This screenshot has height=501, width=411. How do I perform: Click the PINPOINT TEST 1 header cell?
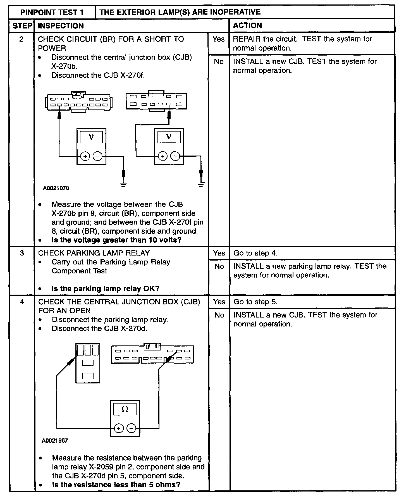pyautogui.click(x=52, y=12)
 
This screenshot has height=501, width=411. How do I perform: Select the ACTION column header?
pyautogui.click(x=247, y=26)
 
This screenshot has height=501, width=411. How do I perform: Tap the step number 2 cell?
pyautogui.click(x=21, y=39)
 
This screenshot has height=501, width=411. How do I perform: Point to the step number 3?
pyautogui.click(x=22, y=253)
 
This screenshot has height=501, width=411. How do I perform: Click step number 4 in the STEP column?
pyautogui.click(x=22, y=302)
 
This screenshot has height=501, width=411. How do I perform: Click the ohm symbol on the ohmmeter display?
pyautogui.click(x=125, y=409)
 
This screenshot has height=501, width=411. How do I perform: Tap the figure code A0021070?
pyautogui.click(x=56, y=188)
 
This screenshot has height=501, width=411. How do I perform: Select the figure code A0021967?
pyautogui.click(x=55, y=441)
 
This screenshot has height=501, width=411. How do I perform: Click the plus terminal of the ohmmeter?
pyautogui.click(x=119, y=428)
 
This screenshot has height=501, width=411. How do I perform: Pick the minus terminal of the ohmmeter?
pyautogui.click(x=131, y=428)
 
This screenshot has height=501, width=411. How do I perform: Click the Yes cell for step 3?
pyautogui.click(x=219, y=253)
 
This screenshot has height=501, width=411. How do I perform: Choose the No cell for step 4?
pyautogui.click(x=219, y=315)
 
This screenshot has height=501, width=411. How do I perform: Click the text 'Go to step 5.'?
pyautogui.click(x=255, y=302)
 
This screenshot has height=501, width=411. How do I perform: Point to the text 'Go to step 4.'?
pyautogui.click(x=255, y=253)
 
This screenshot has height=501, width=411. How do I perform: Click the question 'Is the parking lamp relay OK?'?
pyautogui.click(x=105, y=288)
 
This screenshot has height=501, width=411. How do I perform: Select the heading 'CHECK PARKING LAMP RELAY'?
pyautogui.click(x=94, y=253)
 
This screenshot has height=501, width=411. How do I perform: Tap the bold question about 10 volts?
pyautogui.click(x=116, y=240)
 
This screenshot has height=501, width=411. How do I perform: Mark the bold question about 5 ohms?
pyautogui.click(x=116, y=485)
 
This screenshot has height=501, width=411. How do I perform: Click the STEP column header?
pyautogui.click(x=22, y=26)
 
